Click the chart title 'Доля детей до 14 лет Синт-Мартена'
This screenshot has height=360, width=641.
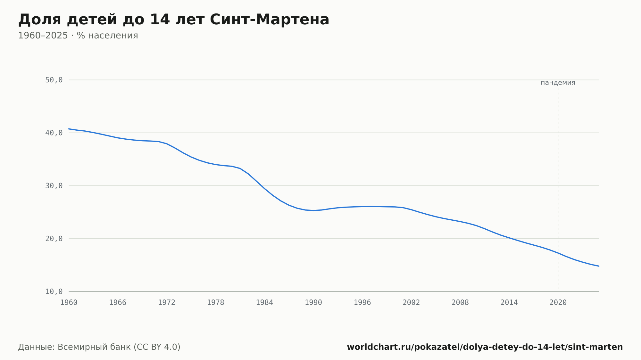click(174, 20)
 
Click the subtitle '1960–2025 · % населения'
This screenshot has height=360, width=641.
click(78, 36)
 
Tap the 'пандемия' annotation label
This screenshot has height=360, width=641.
click(558, 83)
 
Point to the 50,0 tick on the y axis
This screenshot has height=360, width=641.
click(54, 80)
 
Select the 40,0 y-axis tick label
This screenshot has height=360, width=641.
click(54, 133)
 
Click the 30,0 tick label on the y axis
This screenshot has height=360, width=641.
click(54, 186)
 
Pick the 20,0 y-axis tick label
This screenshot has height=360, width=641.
click(54, 239)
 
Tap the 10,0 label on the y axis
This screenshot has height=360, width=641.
click(54, 291)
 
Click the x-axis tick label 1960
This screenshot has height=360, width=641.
click(69, 303)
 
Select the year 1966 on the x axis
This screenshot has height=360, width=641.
click(118, 303)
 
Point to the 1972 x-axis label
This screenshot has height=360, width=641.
click(167, 303)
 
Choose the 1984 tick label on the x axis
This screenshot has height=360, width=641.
click(264, 303)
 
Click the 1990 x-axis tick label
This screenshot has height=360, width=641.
click(313, 303)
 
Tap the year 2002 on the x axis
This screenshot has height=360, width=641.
click(411, 303)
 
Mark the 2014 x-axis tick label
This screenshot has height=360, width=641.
click(509, 303)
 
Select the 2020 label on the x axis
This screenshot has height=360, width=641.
click(558, 303)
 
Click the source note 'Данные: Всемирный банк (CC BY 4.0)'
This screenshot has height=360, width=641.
click(99, 347)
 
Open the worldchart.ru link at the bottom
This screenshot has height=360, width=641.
click(485, 347)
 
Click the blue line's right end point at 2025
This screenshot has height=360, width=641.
click(599, 266)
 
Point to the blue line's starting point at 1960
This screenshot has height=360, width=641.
click(69, 129)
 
